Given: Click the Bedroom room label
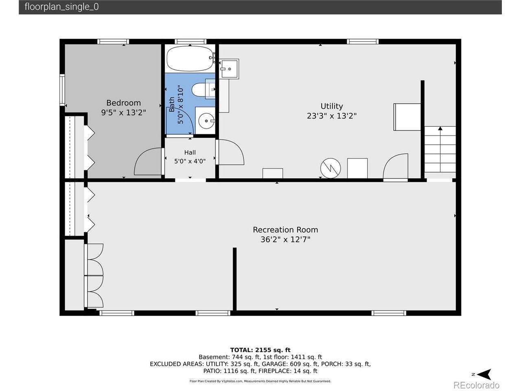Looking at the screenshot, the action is click(x=123, y=103).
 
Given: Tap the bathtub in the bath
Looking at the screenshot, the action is click(x=190, y=58).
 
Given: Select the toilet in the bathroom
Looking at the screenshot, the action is click(x=203, y=90).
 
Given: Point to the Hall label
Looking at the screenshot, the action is click(x=190, y=152).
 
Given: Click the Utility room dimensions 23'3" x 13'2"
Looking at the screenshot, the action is click(x=332, y=116).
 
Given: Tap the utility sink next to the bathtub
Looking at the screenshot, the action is click(x=229, y=69).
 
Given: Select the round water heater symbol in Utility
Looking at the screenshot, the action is click(x=331, y=168).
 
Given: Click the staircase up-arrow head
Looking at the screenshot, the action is click(x=440, y=128).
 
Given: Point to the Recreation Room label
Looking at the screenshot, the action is click(x=285, y=230).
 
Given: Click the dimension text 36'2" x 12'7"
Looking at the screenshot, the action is click(x=285, y=239).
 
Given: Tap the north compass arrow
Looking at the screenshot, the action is click(x=484, y=374).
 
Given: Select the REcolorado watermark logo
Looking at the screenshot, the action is click(x=476, y=385).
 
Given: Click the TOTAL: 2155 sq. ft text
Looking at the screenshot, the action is click(x=260, y=350).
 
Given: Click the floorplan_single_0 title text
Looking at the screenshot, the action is click(x=61, y=7).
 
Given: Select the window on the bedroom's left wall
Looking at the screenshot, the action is click(x=62, y=90).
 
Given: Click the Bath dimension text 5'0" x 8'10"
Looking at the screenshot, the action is click(x=181, y=104).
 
